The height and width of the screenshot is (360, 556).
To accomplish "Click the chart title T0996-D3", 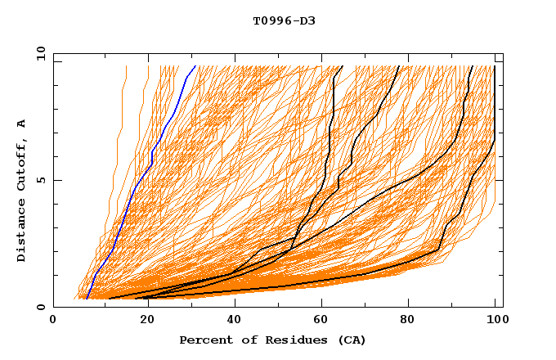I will pyautogui.click(x=284, y=20).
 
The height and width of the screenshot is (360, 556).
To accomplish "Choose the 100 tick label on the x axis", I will pyautogui.click(x=496, y=320).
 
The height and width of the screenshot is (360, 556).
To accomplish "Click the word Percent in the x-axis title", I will pyautogui.click(x=204, y=340).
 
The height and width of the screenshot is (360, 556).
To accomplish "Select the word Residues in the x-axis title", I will pyautogui.click(x=283, y=340).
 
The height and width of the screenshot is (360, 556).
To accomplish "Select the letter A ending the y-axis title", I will pyautogui.click(x=21, y=123).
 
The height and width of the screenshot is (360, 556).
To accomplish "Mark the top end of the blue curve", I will pyautogui.click(x=195, y=66).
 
